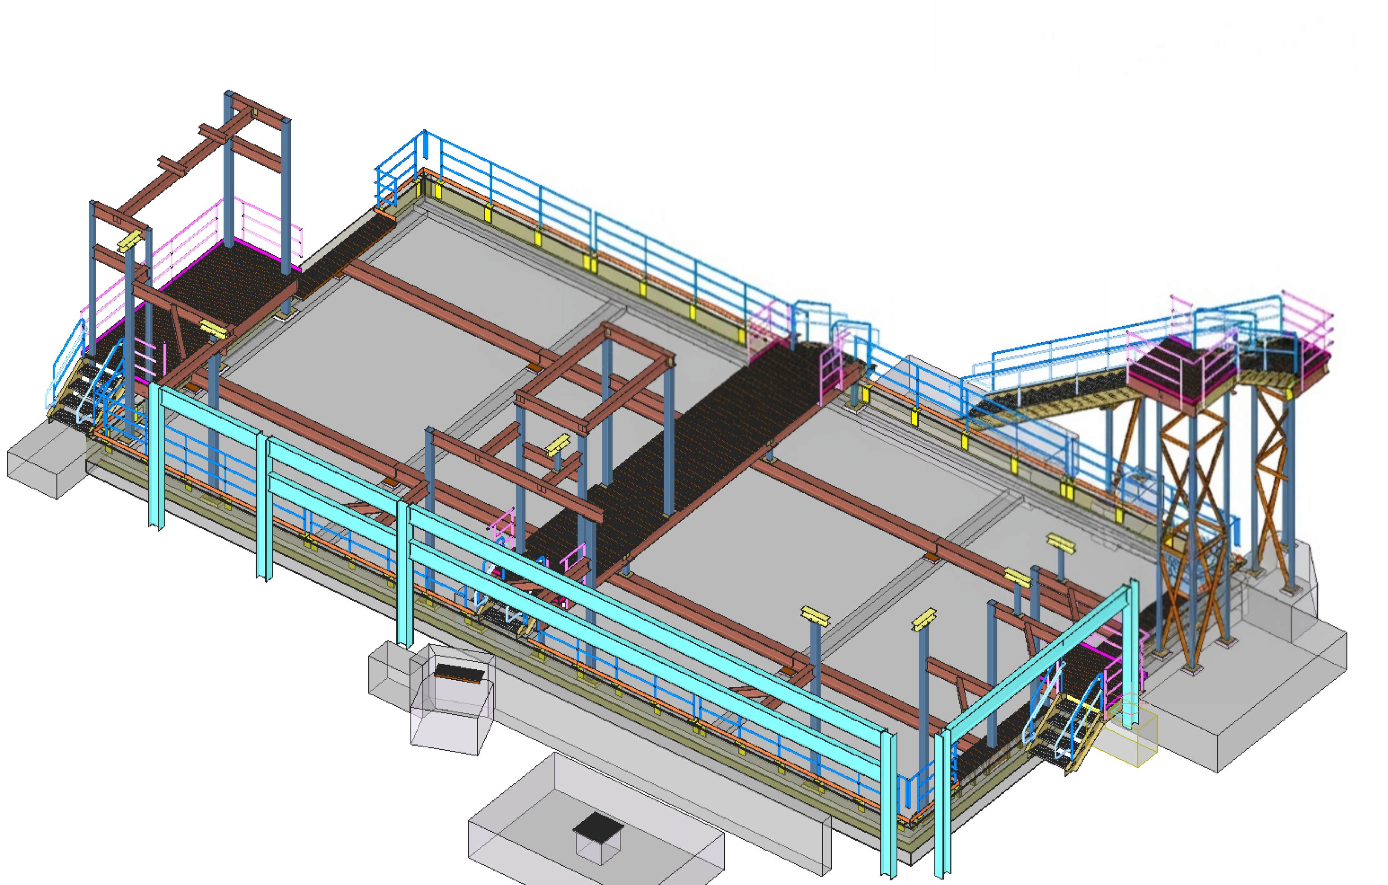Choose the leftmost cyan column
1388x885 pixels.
(156, 456)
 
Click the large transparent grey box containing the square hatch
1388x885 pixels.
(594, 819)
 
